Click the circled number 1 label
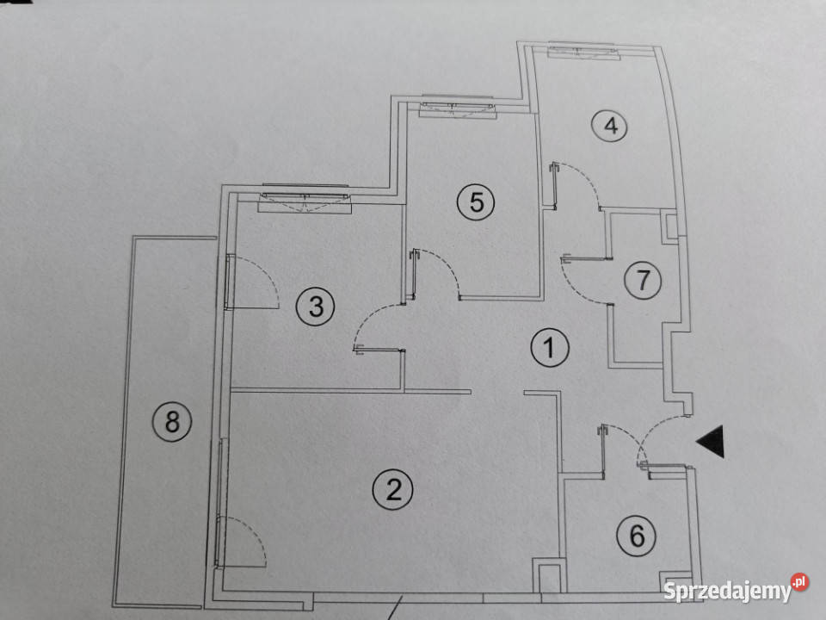click(x=550, y=348)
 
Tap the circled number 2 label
click(x=393, y=490)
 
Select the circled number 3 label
click(x=315, y=307)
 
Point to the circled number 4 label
click(x=609, y=126)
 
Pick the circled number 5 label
click(x=476, y=201)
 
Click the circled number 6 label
click(x=637, y=536)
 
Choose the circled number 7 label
click(x=644, y=281)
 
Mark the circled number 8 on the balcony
click(x=172, y=422)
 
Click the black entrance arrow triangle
click(x=712, y=441)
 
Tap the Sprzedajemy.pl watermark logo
click(x=736, y=589)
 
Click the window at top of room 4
click(x=582, y=51)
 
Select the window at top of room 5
click(x=457, y=107)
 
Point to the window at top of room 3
click(x=305, y=199)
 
